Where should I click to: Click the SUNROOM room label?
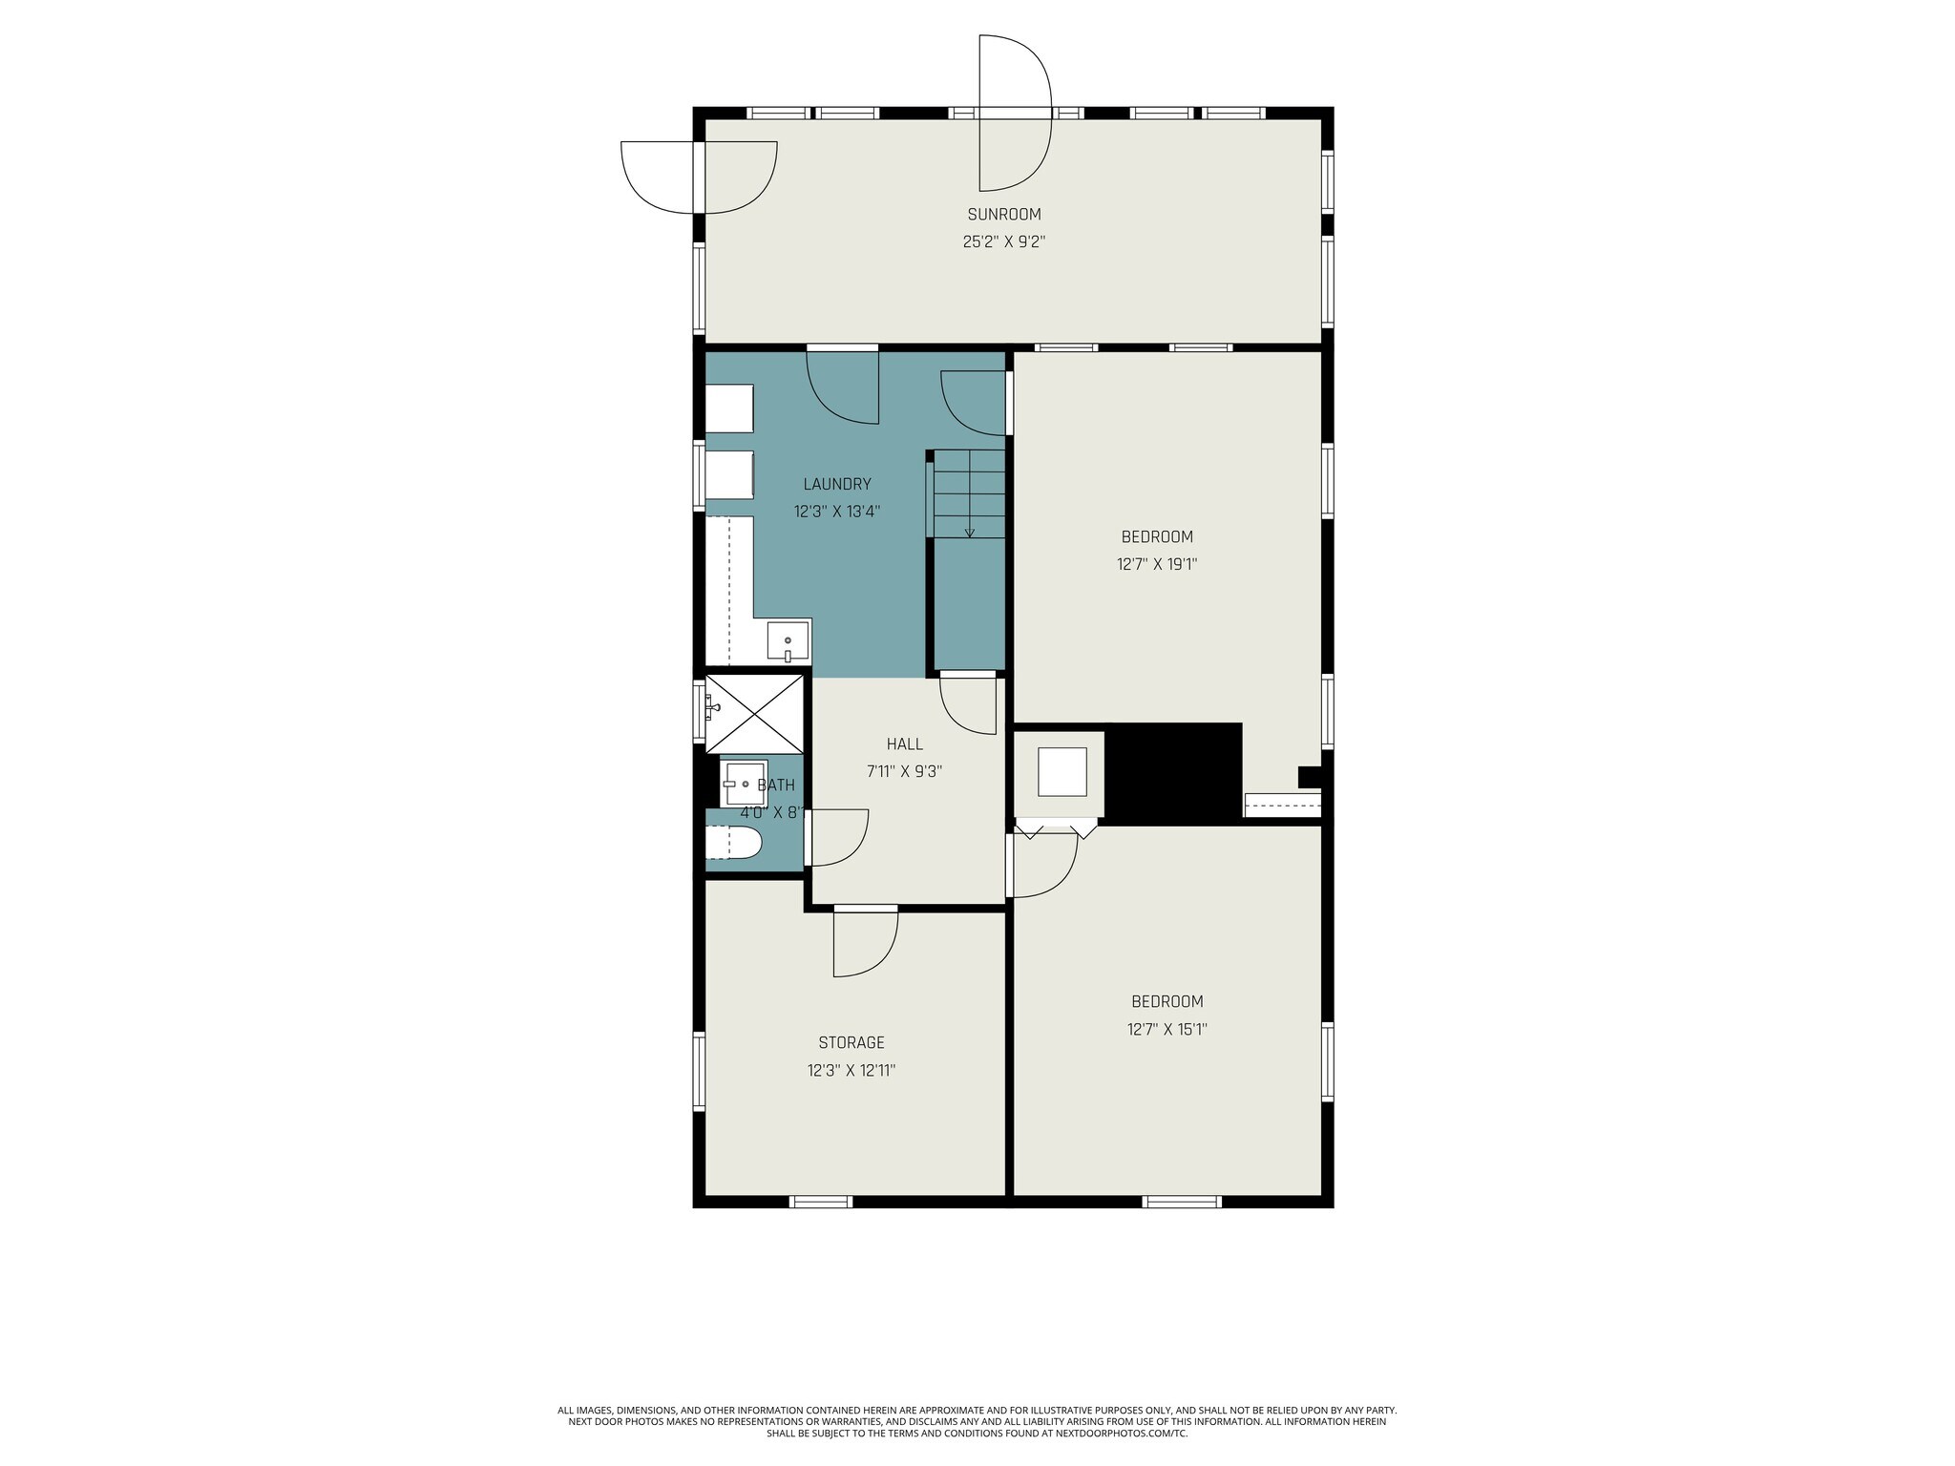[1003, 215]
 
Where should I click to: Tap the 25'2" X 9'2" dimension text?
[1003, 242]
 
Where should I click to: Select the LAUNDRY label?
[836, 484]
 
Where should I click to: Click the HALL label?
[904, 744]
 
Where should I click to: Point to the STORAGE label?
[851, 1043]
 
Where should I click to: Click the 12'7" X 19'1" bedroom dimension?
[1156, 564]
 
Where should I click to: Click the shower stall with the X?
[754, 713]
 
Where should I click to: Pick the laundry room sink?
[788, 640]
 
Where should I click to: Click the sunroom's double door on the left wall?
[699, 178]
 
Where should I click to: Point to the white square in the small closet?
[1062, 772]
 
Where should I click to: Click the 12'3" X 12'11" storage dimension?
[851, 1071]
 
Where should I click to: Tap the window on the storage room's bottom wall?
[821, 1202]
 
